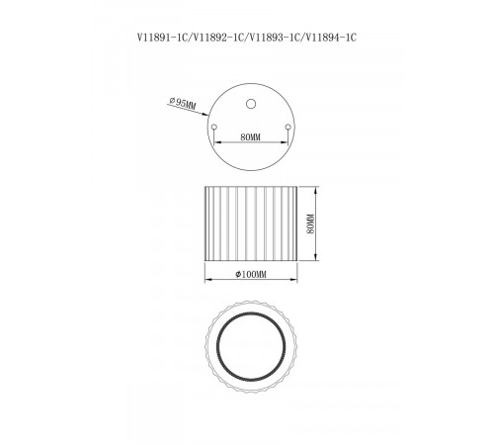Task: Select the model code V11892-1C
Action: (217, 38)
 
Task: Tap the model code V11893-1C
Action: (275, 38)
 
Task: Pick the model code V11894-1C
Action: (331, 38)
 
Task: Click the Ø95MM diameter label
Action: (183, 103)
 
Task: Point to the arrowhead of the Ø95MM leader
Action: (206, 115)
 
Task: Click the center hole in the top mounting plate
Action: (251, 104)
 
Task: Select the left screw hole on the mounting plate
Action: (213, 127)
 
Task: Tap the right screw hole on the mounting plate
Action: (288, 127)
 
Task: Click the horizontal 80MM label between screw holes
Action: (250, 137)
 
